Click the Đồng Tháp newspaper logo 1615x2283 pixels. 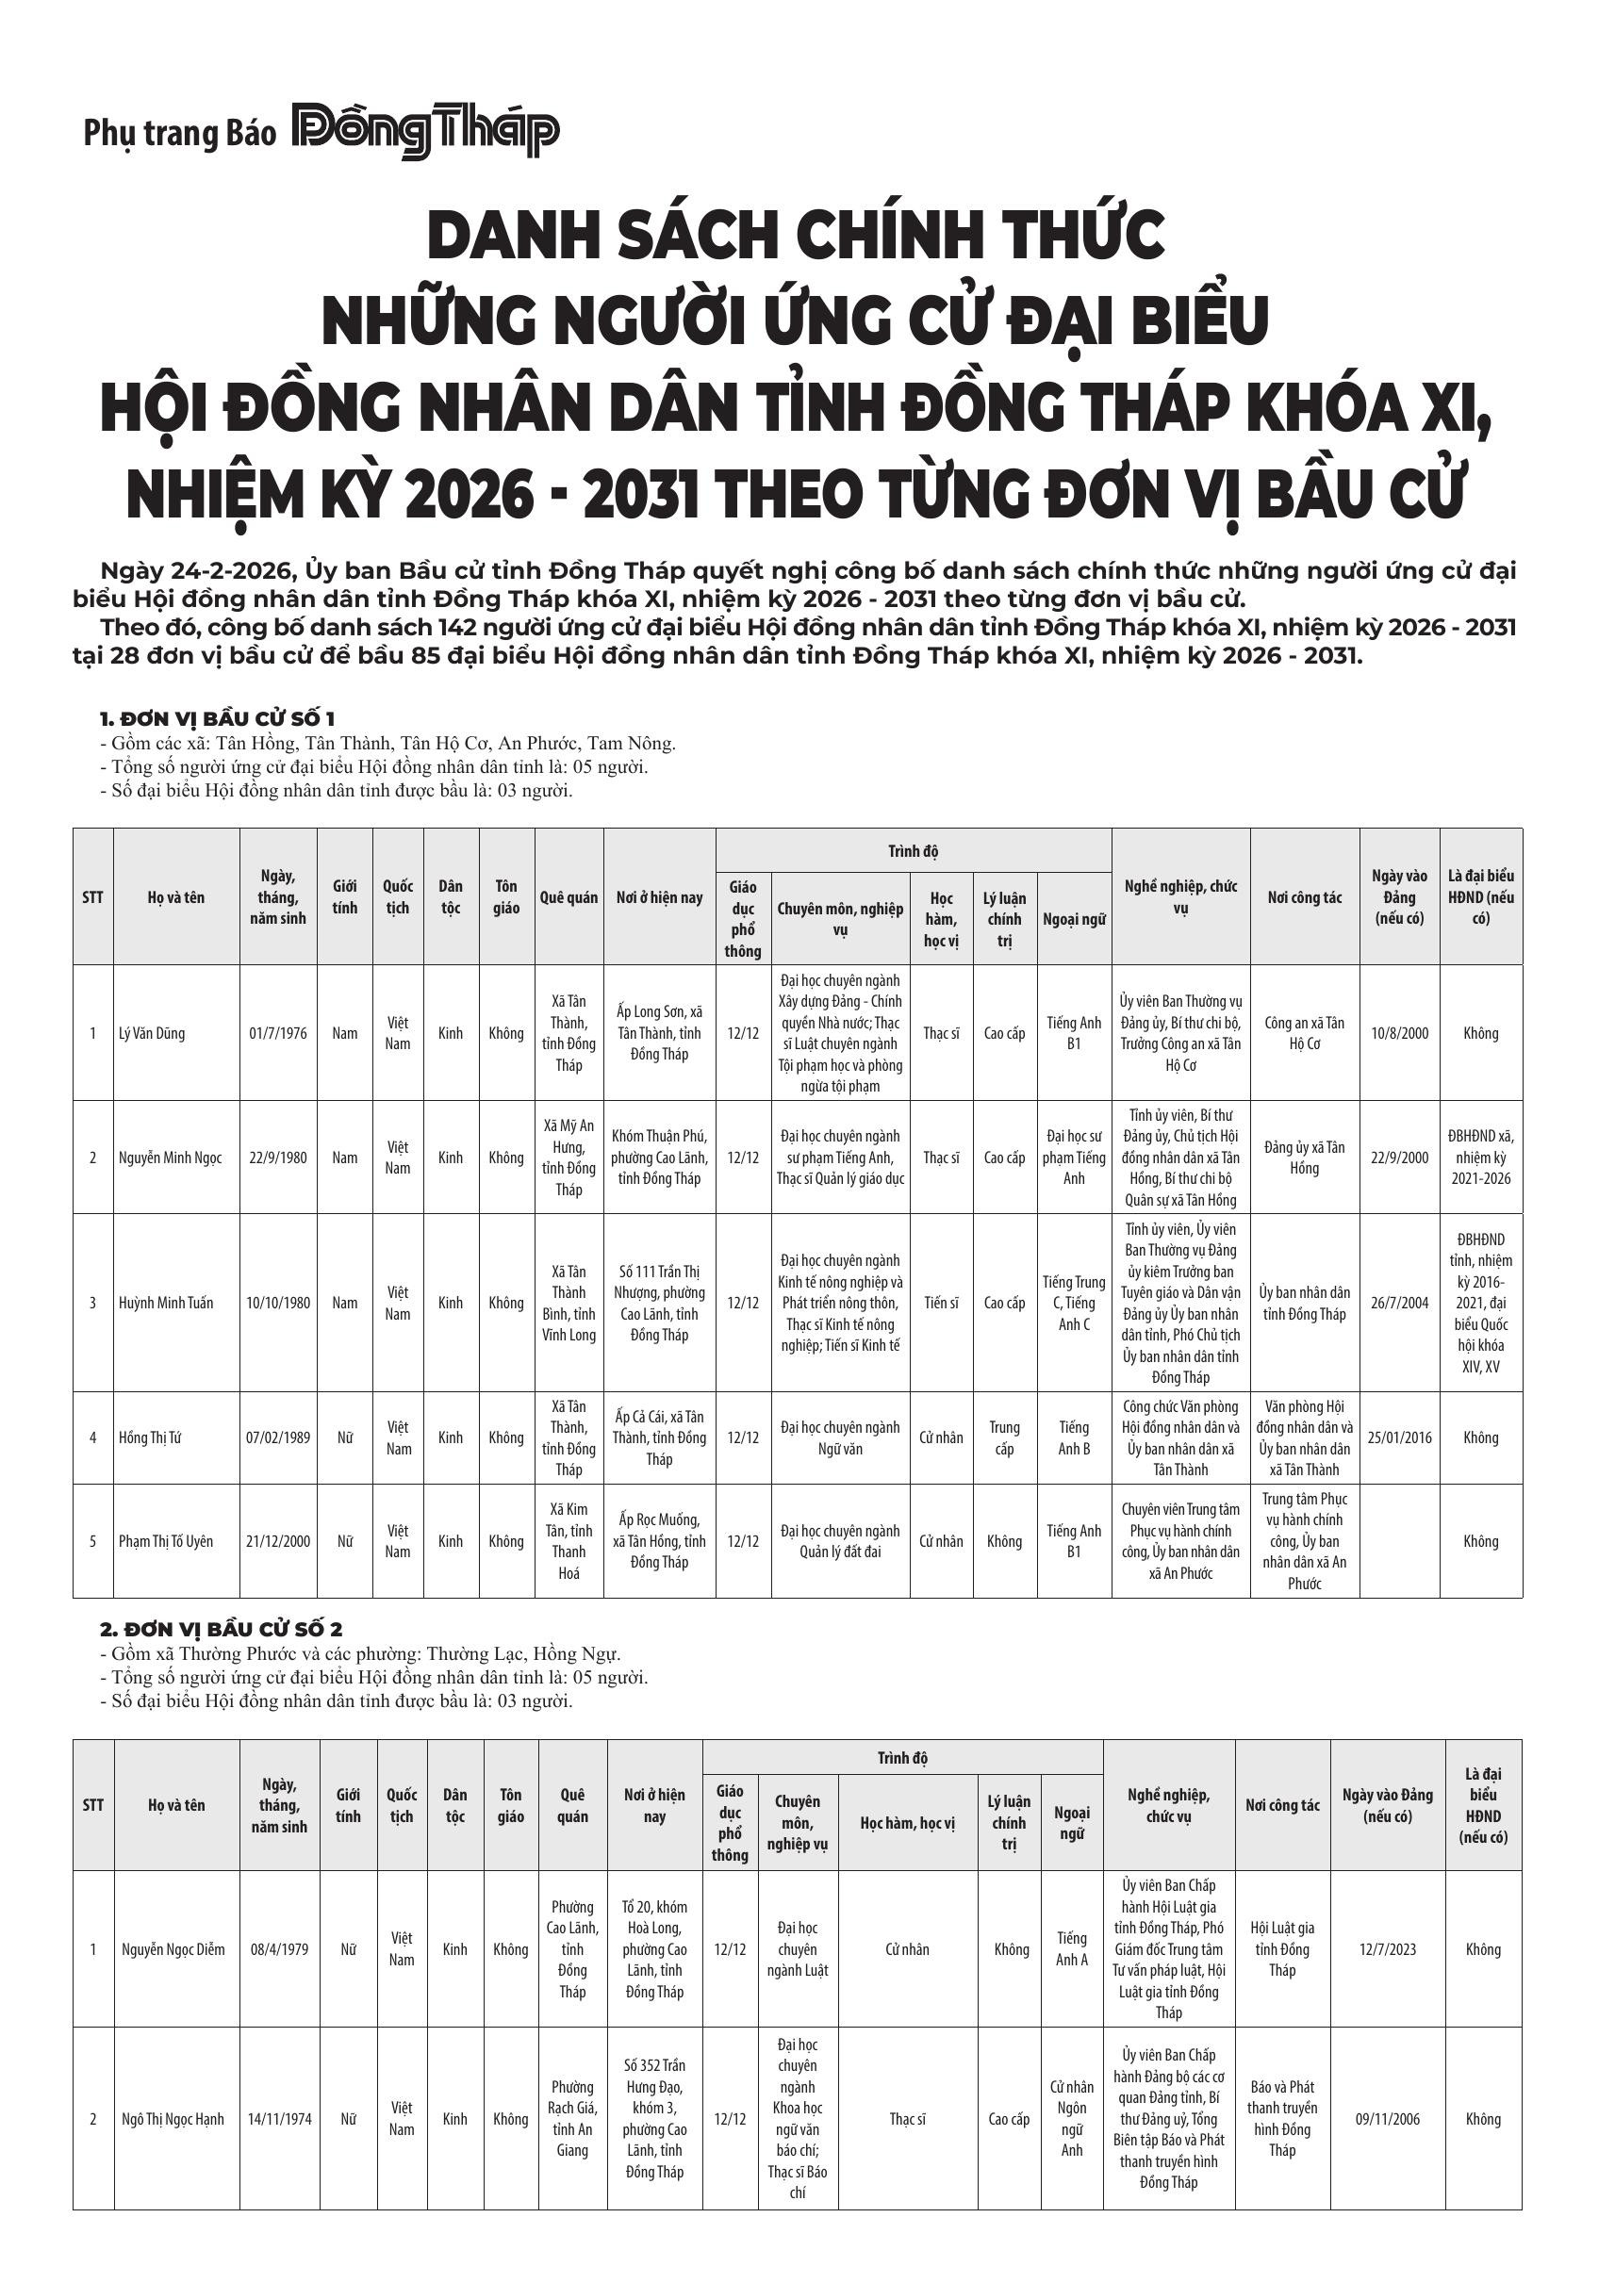pos(424,130)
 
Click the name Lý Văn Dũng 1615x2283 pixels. pos(151,1033)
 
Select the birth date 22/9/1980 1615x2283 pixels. pos(278,1158)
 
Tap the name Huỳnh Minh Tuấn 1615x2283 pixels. pos(166,1303)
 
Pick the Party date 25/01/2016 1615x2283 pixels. pos(1399,1437)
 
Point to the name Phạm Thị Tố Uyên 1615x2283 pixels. pos(166,1541)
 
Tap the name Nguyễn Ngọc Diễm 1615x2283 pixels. pos(173,1949)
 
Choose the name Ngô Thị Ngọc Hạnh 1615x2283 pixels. pos(173,2119)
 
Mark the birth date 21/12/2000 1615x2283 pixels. pos(278,1541)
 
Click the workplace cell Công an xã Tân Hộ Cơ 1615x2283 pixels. pos(1304,1033)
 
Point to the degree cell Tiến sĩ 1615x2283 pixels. pos(941,1303)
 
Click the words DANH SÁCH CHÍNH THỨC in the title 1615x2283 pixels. pos(796,236)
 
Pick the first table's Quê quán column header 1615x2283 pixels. pos(569,897)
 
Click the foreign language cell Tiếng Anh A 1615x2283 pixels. pos(1071,1949)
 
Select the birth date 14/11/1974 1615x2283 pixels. pos(279,2119)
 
